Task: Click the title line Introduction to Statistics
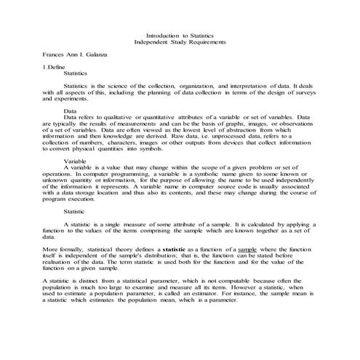180,36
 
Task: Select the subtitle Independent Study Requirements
180,42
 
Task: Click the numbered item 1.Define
55,67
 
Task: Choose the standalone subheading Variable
76,160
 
